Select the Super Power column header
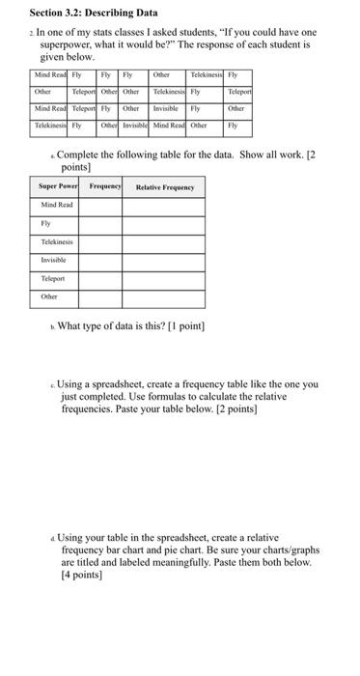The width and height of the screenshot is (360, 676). pos(58,187)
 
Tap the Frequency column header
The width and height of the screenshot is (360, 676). pos(105,187)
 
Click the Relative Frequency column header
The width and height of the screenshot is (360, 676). pos(164,187)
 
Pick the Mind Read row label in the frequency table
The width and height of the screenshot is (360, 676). pos(58,206)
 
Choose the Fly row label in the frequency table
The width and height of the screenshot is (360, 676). pos(45,224)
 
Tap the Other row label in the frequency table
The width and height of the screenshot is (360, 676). pos(49,296)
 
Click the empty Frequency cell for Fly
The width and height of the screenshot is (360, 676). pos(104,224)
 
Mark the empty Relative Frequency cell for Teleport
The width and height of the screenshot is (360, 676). pos(164,278)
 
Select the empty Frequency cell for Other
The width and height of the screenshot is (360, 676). pos(104,296)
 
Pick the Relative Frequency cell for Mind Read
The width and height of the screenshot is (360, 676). pos(164,206)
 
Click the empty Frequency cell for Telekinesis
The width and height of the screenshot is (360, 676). pos(104,242)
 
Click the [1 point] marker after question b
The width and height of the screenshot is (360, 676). pos(181,325)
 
